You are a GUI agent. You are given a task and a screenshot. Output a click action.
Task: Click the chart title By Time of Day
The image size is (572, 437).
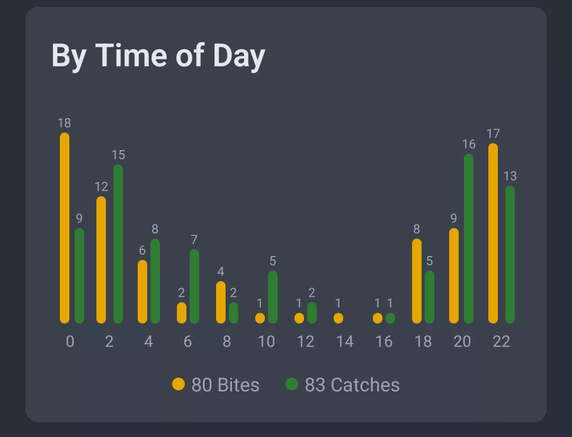(158, 55)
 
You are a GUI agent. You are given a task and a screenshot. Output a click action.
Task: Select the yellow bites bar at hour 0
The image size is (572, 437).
(65, 228)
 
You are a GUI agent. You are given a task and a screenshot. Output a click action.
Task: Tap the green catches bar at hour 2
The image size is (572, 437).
(118, 244)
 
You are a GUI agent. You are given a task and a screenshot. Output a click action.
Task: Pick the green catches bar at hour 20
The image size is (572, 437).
(469, 239)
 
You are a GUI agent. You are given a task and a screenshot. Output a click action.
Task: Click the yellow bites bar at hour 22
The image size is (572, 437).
(493, 233)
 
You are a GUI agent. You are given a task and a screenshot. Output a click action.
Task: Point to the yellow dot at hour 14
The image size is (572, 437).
(338, 318)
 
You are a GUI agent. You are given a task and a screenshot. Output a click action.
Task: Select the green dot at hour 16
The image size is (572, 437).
(390, 318)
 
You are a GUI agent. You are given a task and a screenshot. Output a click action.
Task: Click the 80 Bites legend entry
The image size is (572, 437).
(216, 384)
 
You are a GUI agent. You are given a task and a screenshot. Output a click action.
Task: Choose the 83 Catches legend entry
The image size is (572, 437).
(343, 384)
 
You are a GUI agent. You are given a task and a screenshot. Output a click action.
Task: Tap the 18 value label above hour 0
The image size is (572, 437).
(64, 123)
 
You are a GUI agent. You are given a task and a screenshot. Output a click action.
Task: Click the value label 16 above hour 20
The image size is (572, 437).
(469, 144)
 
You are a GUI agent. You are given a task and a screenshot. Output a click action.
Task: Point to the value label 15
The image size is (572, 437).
(118, 155)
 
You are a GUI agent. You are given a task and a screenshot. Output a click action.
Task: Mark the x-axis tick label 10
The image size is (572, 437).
(266, 342)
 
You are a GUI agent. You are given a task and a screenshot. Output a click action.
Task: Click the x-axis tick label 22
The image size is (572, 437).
(501, 342)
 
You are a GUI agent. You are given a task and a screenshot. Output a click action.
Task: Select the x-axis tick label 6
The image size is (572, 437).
(187, 342)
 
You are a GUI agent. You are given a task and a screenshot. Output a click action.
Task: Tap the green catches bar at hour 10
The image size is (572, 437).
(273, 297)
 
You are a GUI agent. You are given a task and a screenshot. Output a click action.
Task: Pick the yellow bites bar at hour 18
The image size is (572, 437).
(417, 281)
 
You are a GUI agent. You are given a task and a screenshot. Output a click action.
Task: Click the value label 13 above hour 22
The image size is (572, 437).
(510, 176)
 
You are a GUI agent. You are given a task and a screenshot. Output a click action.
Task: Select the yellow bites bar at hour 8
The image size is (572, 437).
(221, 302)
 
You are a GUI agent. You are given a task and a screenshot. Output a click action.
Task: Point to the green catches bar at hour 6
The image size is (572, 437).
(194, 286)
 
